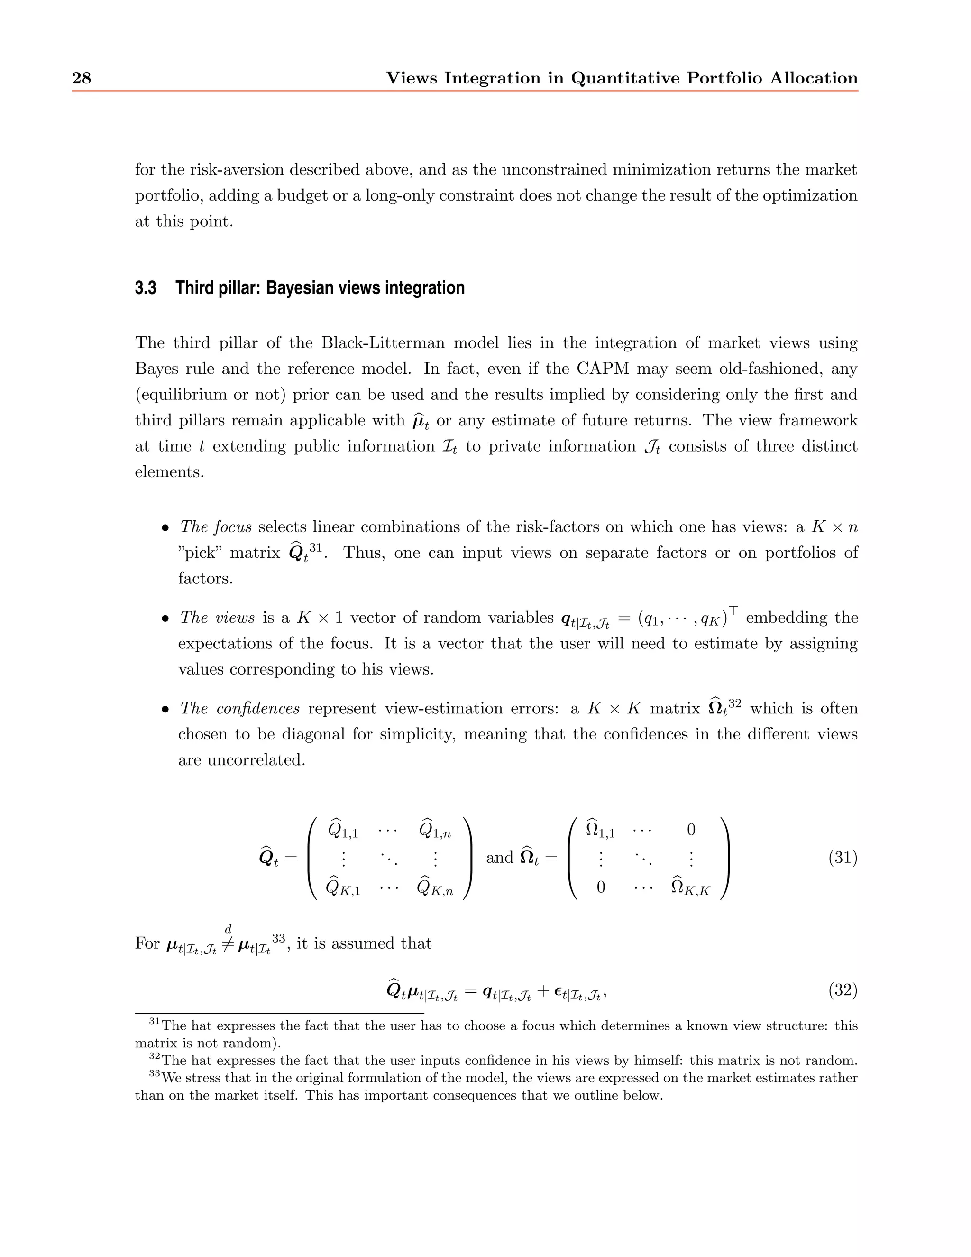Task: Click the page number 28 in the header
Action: [81, 78]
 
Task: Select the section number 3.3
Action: [146, 288]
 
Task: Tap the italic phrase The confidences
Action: [240, 709]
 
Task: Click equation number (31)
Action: [843, 858]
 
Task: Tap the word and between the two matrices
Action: [499, 858]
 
